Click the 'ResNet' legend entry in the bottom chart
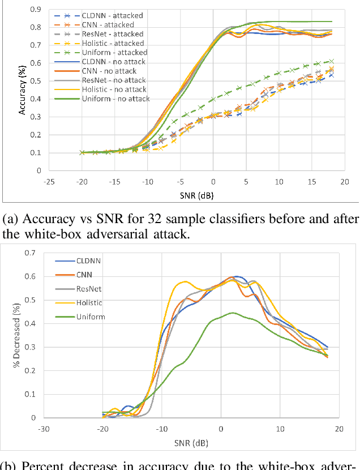pyautogui.click(x=89, y=289)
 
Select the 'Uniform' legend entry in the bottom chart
pyautogui.click(x=91, y=317)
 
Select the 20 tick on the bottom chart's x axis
pyautogui.click(x=338, y=429)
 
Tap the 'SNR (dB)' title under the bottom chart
pyautogui.click(x=191, y=442)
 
